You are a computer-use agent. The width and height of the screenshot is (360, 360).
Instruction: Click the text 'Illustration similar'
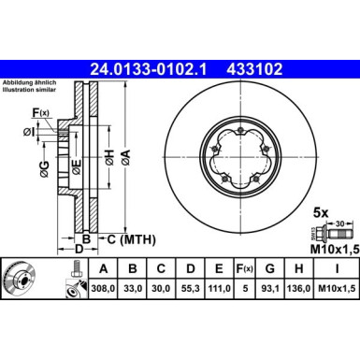pos(30,92)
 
